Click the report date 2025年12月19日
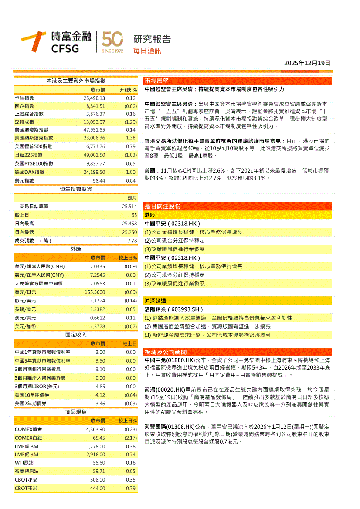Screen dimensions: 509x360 tap(307, 63)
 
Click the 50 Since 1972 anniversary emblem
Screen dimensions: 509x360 tap(112, 42)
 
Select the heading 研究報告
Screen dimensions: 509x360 tap(152, 39)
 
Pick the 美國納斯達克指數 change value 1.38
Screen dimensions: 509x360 tap(130, 138)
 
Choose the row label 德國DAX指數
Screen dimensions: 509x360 tap(29, 172)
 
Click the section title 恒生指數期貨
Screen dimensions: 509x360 tap(76, 189)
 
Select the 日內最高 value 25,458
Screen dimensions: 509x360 tap(129, 223)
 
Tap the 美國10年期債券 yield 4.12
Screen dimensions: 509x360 tap(100, 395)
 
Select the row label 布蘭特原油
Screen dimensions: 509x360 tap(27, 471)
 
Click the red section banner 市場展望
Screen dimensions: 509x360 tap(156, 81)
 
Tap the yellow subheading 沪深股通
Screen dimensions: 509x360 tap(155, 301)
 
